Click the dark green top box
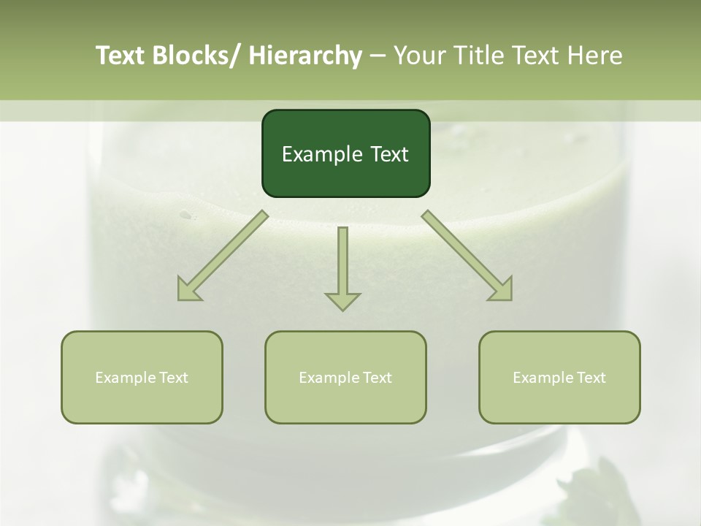point(345,153)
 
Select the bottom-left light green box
point(142,377)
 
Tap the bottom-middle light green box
point(345,377)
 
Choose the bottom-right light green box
point(559,377)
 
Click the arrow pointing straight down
point(342,267)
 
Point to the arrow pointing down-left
point(223,256)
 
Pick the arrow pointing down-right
point(467,256)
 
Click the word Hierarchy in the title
point(305,56)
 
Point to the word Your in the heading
point(419,56)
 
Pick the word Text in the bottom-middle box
point(377,378)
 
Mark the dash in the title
point(378,56)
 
